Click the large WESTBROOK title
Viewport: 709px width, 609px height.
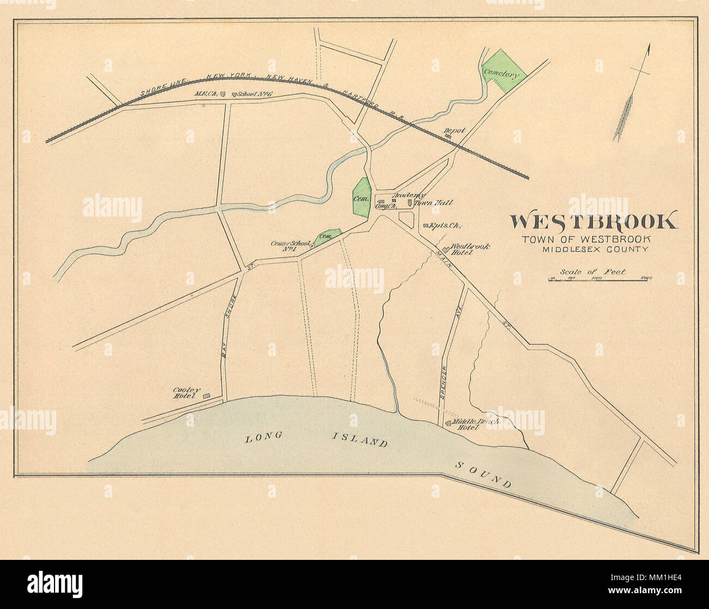[594, 222]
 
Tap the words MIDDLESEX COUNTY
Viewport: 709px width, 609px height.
[595, 249]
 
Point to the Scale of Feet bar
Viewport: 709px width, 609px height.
[600, 280]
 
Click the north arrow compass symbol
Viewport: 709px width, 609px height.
[633, 95]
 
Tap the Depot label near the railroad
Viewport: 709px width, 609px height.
[453, 131]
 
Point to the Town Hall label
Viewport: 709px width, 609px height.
[434, 203]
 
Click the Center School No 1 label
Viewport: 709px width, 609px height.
[290, 246]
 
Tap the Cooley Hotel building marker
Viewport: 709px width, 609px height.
[206, 395]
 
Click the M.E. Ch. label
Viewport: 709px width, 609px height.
[206, 94]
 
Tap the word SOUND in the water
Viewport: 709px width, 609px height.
[483, 474]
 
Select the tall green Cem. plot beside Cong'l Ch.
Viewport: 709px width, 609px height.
[360, 198]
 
